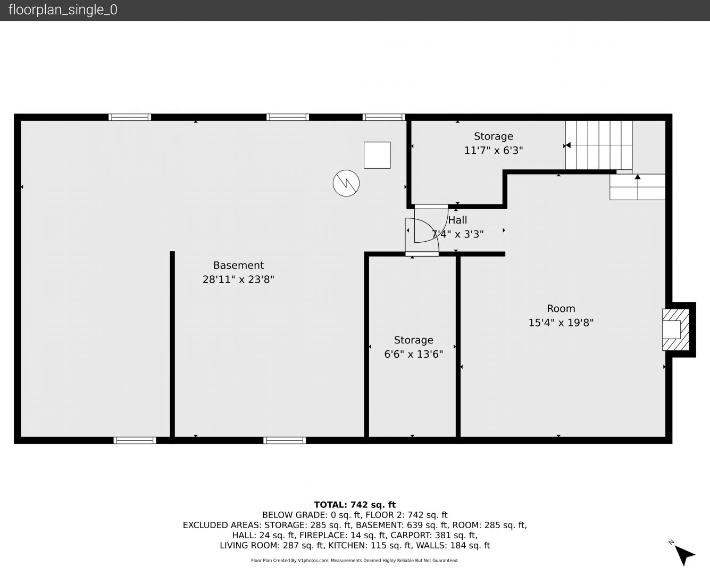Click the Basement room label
(238, 265)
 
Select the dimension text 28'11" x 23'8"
(238, 280)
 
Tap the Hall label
(457, 220)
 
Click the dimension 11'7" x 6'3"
(494, 151)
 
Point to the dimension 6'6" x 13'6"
(413, 354)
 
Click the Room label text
(561, 309)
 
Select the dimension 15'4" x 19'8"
(561, 323)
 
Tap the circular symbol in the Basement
(346, 183)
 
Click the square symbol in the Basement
(377, 155)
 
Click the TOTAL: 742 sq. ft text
(355, 505)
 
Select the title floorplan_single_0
(63, 10)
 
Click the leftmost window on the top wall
(130, 117)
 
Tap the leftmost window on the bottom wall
(135, 440)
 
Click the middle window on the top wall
(288, 117)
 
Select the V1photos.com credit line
(355, 561)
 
